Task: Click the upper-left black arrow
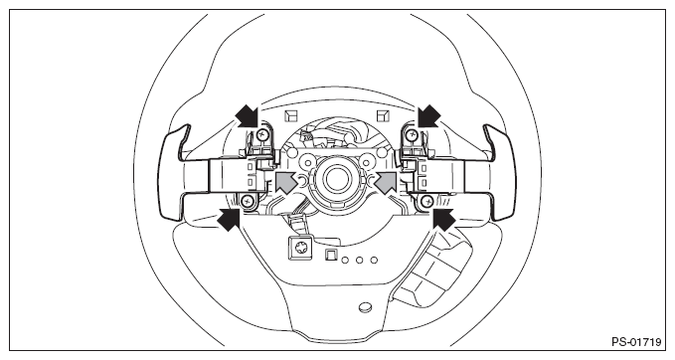coord(248,115)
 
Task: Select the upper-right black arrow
coord(429,116)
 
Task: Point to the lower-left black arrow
coord(229,220)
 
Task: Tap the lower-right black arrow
coord(443,219)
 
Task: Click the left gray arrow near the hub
coord(285,181)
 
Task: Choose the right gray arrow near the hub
coord(386,181)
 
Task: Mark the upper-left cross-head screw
coord(261,135)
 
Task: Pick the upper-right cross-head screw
coord(413,135)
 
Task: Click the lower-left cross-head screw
coord(248,200)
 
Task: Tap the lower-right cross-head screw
coord(427,200)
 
